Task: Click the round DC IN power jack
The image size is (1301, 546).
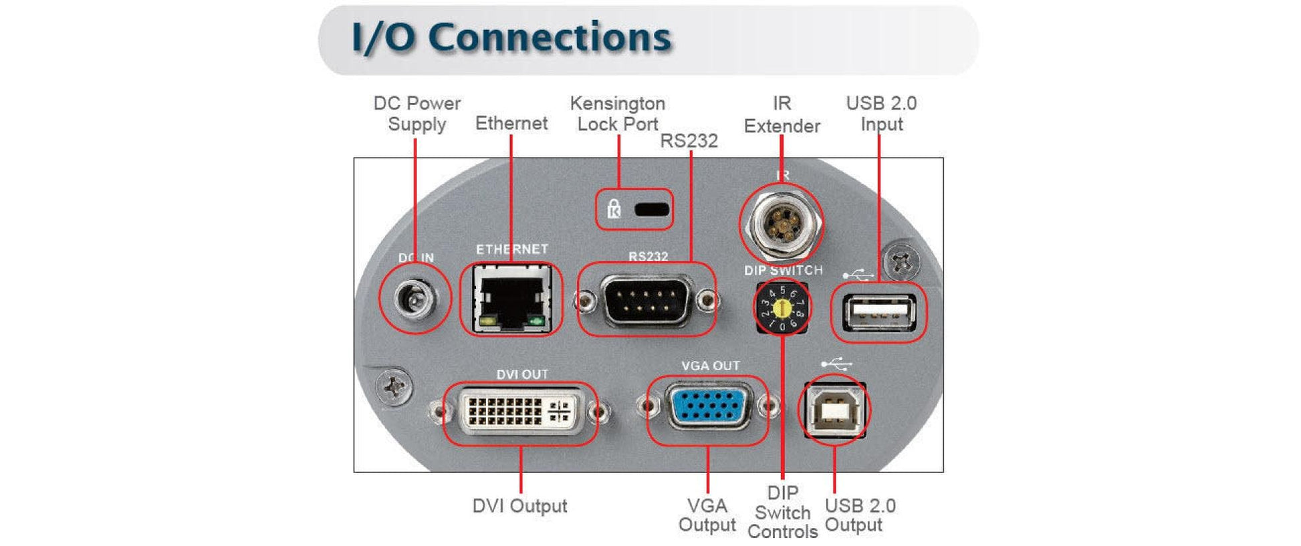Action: [x=415, y=297]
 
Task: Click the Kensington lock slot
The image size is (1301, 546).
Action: [x=652, y=209]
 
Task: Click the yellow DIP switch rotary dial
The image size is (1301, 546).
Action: [x=782, y=308]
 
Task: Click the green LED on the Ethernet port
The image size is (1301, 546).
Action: [x=536, y=322]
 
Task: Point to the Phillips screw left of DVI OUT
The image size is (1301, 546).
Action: [x=394, y=386]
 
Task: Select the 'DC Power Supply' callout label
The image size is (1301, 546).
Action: [x=417, y=114]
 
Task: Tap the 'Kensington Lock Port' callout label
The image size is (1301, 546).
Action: [x=617, y=114]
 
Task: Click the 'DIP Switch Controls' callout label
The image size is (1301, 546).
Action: [x=783, y=512]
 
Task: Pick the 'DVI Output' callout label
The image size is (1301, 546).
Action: [x=519, y=506]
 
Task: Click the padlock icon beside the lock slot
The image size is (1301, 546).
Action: [x=614, y=209]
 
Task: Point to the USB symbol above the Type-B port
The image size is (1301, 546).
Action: [x=836, y=364]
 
